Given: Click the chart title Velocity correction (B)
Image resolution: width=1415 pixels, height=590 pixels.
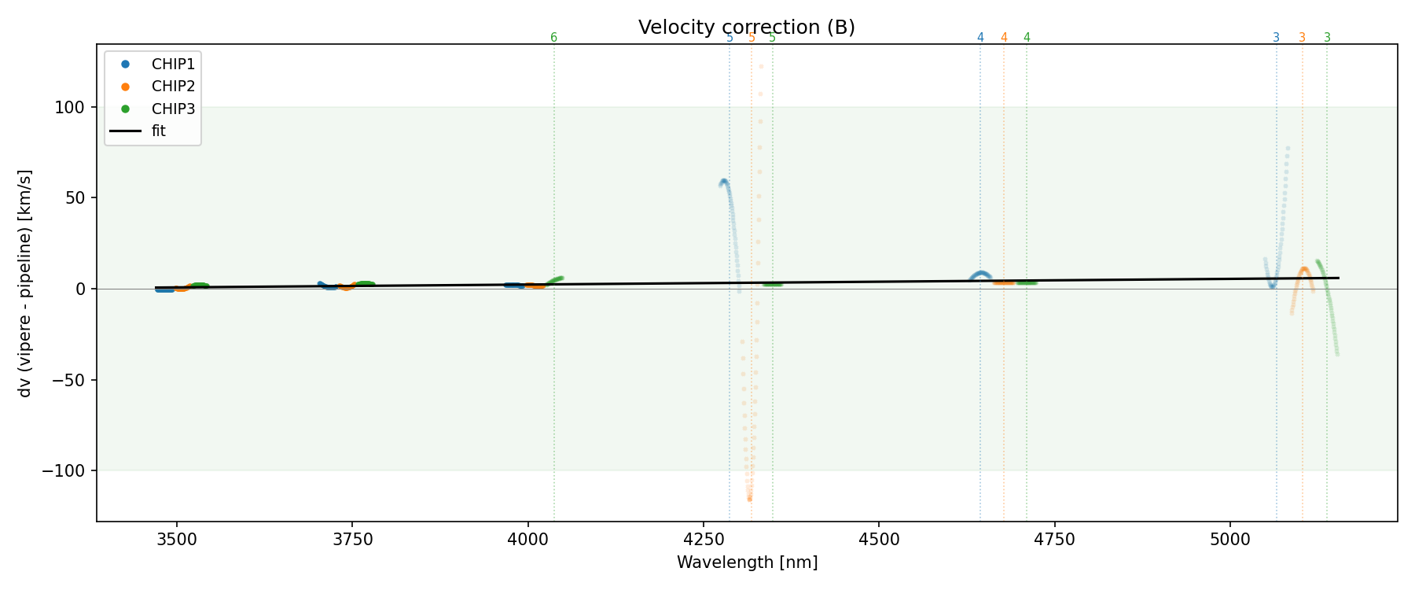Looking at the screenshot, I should click(x=746, y=28).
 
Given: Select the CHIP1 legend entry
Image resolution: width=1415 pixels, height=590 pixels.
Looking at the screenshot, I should click(x=173, y=65).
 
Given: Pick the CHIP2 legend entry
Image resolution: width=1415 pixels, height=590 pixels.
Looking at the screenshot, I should click(x=173, y=87).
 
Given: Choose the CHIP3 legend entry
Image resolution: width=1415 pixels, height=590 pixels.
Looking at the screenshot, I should click(x=173, y=109).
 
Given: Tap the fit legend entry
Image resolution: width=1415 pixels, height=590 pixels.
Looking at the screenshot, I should click(x=158, y=131).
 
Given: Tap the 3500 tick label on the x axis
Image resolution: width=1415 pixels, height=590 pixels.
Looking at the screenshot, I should click(x=177, y=539).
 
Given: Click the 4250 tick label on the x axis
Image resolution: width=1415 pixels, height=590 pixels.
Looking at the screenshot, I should click(x=704, y=539).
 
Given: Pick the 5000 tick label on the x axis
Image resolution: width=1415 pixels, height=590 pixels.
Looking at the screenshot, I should click(x=1229, y=539).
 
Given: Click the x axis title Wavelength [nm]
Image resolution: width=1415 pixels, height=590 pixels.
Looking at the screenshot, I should click(x=747, y=562).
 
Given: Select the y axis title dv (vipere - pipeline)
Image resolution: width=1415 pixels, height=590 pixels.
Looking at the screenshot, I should click(x=25, y=283).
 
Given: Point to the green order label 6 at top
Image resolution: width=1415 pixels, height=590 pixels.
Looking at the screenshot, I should click(x=553, y=38).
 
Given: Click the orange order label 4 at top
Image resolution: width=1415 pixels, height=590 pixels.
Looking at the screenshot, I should click(x=1004, y=38).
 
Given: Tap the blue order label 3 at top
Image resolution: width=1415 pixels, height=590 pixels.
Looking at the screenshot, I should click(x=1276, y=38).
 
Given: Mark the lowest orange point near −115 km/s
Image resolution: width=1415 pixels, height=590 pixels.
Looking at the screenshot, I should click(x=749, y=499).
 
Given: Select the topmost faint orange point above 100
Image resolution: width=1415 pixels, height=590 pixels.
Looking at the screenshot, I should click(x=761, y=66).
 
